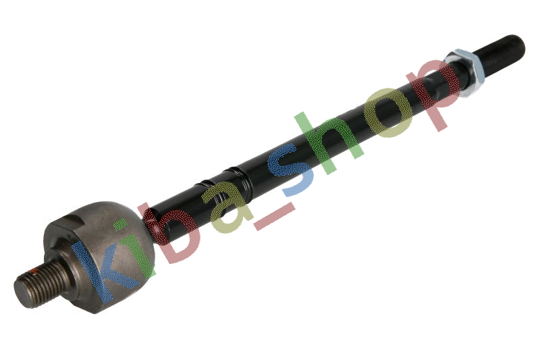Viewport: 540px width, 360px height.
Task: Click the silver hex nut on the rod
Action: pos(465,72)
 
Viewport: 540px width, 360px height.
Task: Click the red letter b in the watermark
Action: pos(169,232)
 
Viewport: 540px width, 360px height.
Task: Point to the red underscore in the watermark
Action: pos(275,216)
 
